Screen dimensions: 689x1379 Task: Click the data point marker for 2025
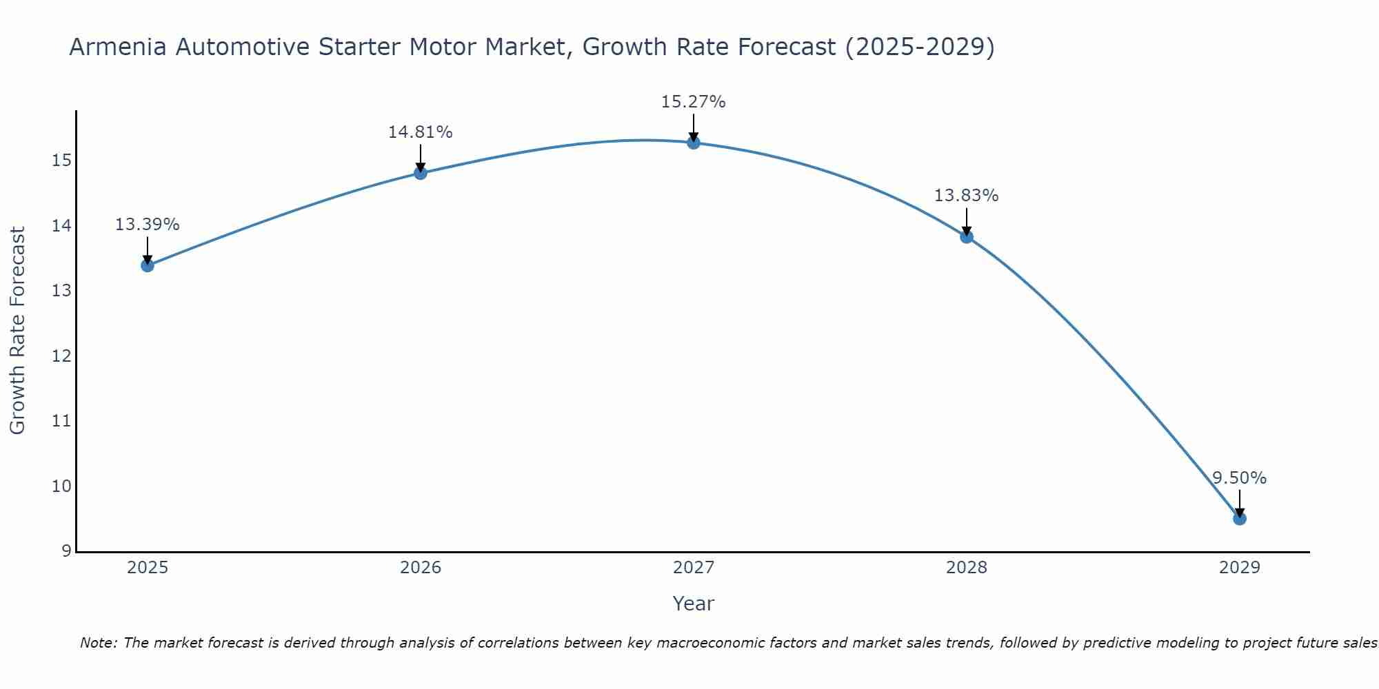(148, 265)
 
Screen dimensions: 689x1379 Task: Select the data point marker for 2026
(421, 173)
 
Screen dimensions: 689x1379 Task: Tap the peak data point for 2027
(694, 143)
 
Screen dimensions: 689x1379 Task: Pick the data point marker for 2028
(967, 236)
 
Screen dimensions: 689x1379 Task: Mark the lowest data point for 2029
(1240, 518)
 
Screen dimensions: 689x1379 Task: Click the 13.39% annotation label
(147, 225)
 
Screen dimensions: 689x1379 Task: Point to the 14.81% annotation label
(420, 132)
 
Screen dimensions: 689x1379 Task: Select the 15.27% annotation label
(693, 102)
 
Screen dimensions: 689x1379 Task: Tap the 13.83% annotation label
(966, 196)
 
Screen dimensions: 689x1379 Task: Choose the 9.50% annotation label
(1239, 478)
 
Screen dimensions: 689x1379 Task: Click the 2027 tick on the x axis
(694, 568)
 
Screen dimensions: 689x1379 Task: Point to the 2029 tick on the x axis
(1240, 568)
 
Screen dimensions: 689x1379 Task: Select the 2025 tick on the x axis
(148, 568)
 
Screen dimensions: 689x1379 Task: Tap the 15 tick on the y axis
(61, 161)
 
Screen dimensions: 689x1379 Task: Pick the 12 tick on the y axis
(61, 356)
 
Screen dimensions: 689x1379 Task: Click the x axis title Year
(693, 604)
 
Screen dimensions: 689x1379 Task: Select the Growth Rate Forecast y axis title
(17, 331)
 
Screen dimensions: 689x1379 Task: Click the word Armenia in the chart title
(118, 48)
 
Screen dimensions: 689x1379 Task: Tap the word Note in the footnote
(99, 643)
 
